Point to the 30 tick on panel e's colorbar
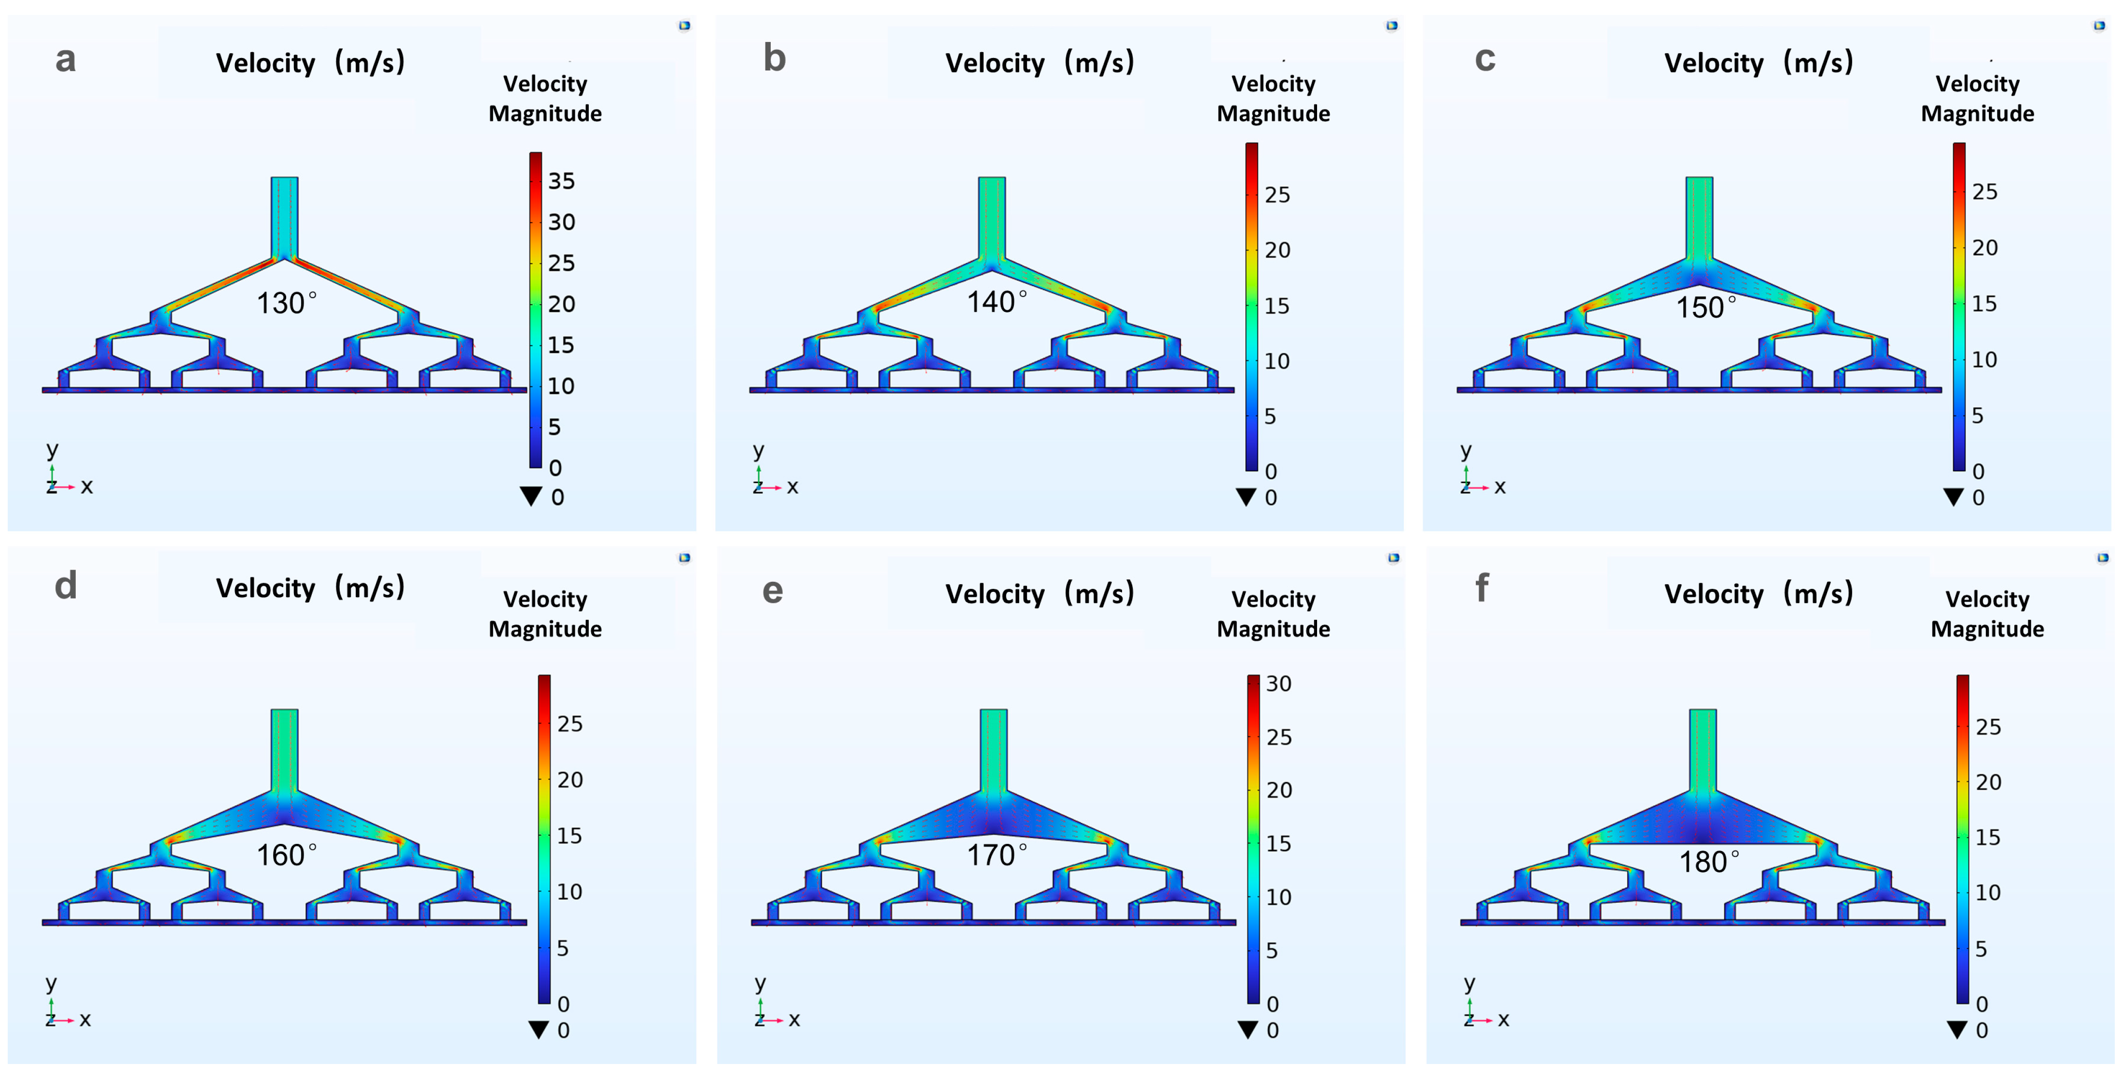[x=1278, y=683]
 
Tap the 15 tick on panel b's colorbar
[x=1277, y=306]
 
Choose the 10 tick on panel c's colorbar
[x=1984, y=359]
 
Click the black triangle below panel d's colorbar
[x=538, y=1029]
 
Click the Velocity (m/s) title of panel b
[x=1039, y=63]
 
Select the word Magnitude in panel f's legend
[x=1986, y=629]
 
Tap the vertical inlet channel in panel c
[x=1699, y=216]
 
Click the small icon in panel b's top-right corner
[x=1392, y=26]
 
